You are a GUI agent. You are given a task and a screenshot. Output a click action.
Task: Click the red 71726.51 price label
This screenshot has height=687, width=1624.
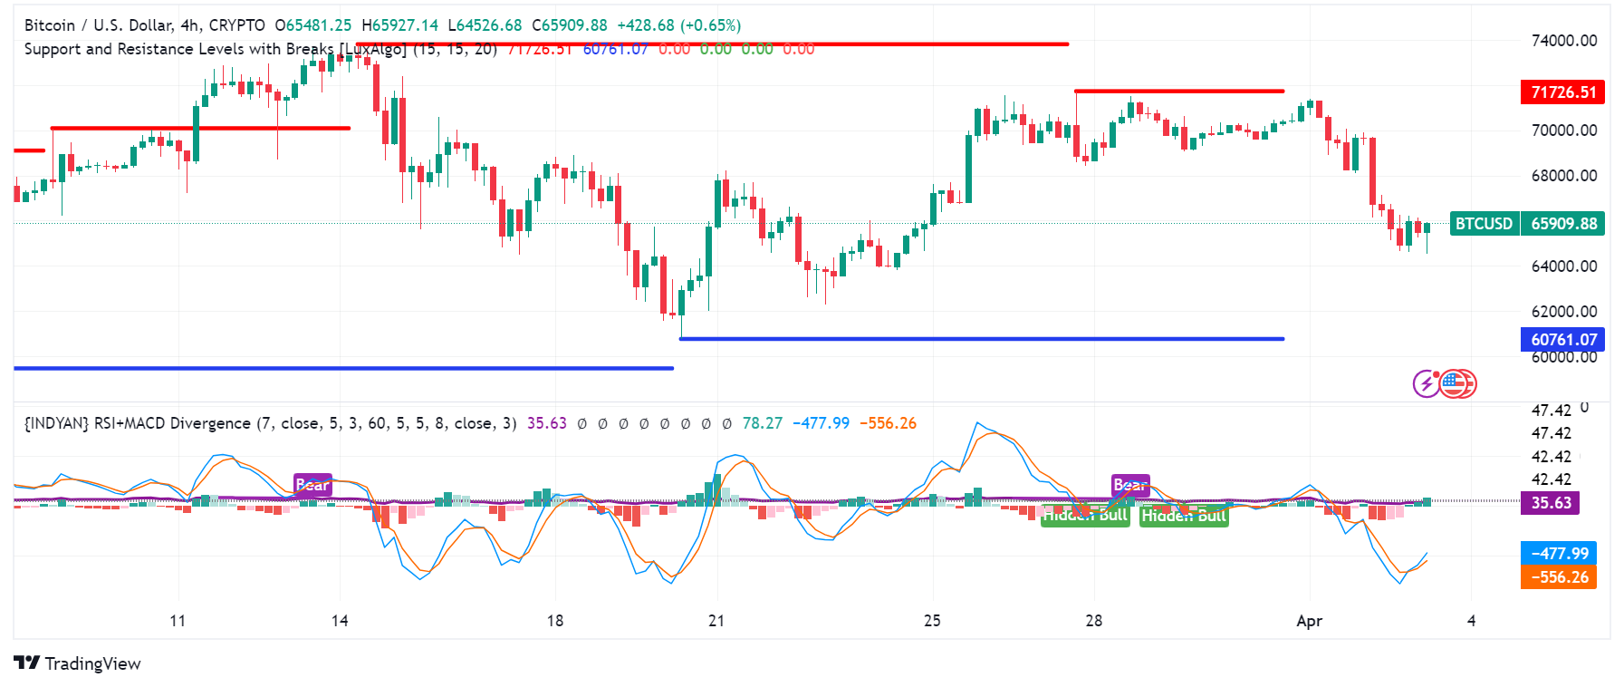click(1562, 92)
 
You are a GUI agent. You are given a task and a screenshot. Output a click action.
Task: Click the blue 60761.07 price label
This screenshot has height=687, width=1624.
click(1562, 340)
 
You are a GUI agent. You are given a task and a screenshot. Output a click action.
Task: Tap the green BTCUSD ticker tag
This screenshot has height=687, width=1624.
click(1484, 224)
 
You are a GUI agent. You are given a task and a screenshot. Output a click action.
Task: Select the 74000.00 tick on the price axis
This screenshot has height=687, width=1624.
click(1563, 41)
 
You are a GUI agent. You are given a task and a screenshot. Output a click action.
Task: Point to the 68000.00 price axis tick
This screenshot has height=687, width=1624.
click(1563, 176)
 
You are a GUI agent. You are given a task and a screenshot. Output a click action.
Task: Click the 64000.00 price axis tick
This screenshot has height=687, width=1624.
click(1563, 266)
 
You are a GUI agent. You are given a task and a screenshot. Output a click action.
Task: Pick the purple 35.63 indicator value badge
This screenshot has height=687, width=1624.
click(1550, 503)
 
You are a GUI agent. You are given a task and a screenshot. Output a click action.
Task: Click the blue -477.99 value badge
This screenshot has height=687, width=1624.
click(1559, 554)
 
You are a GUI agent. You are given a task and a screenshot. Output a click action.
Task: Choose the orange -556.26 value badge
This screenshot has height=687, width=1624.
click(1559, 577)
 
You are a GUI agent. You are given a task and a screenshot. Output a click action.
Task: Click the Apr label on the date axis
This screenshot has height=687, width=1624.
click(1309, 621)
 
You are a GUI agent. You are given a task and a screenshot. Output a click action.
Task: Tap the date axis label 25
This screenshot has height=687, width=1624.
click(932, 621)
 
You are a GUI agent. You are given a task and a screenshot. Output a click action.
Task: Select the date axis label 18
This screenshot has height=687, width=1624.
click(554, 621)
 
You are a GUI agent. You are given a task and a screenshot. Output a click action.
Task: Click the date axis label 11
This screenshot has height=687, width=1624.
click(178, 621)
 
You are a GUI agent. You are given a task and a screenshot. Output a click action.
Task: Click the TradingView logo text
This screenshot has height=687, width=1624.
click(92, 663)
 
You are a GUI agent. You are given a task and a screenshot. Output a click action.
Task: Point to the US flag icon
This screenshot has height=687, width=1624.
click(1455, 384)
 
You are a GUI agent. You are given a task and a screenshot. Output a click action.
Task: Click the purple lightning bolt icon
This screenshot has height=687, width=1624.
click(1427, 384)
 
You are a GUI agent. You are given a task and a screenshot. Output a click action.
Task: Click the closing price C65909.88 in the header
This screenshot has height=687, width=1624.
click(570, 25)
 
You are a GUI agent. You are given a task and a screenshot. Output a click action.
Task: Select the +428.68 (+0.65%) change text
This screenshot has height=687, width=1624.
click(678, 25)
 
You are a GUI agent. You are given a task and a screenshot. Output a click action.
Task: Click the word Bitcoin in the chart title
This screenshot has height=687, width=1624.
click(50, 25)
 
